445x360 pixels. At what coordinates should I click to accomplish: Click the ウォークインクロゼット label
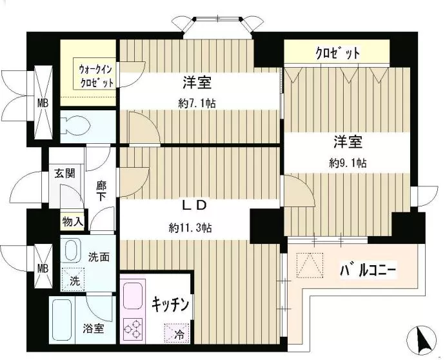click(97, 75)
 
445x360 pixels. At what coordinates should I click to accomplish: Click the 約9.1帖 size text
click(348, 163)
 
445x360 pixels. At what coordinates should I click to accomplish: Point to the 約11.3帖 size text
click(191, 227)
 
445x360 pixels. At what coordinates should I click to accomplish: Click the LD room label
click(192, 206)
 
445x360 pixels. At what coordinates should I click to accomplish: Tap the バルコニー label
click(369, 270)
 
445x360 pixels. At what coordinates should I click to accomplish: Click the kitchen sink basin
click(135, 295)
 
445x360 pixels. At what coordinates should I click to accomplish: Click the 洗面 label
click(99, 256)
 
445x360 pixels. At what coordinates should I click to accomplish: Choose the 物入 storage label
click(72, 221)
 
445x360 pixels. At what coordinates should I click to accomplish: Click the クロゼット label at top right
click(337, 53)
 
